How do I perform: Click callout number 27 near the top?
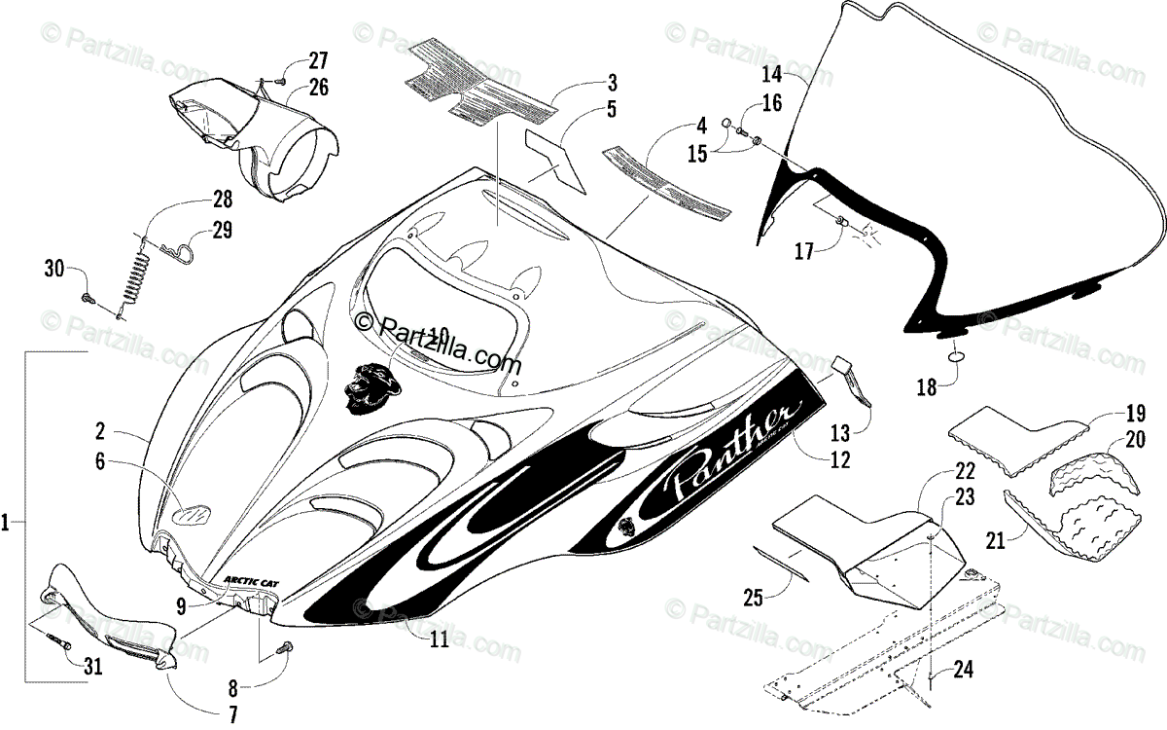coord(293,58)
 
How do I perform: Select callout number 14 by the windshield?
coord(772,74)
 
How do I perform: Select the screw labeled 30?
coord(88,296)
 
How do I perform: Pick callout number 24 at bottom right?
coord(964,670)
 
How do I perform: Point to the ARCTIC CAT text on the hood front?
coord(250,578)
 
